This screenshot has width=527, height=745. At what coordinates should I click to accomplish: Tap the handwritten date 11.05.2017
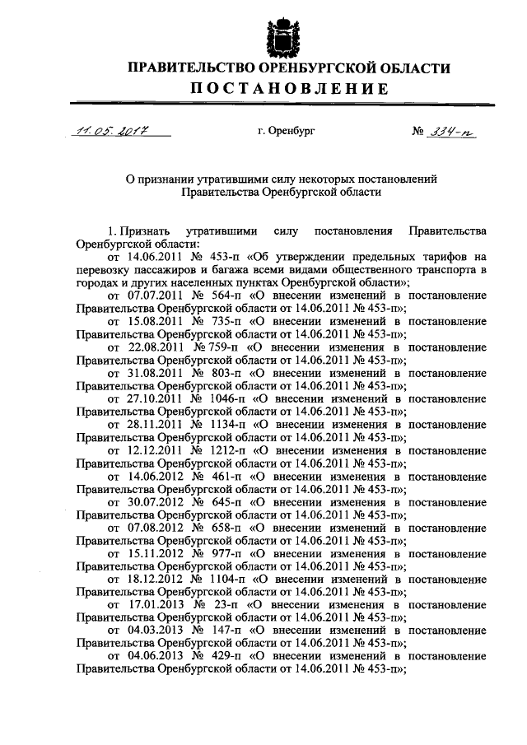click(x=106, y=131)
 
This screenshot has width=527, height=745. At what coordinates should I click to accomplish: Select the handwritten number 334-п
click(x=456, y=131)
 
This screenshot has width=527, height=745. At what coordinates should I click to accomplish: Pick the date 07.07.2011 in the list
click(x=152, y=295)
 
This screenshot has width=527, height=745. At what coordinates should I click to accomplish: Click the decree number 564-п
click(x=223, y=295)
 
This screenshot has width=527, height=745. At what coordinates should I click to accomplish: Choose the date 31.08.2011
click(x=152, y=372)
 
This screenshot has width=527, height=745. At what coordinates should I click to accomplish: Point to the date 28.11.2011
click(x=152, y=423)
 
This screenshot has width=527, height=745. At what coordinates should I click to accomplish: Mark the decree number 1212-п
click(x=226, y=449)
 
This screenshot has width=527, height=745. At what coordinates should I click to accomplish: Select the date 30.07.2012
click(x=152, y=501)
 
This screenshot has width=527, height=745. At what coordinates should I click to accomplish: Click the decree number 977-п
click(x=223, y=552)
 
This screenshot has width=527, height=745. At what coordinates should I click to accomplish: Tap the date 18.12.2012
click(x=152, y=578)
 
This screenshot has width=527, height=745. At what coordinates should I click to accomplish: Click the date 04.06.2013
click(x=152, y=655)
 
